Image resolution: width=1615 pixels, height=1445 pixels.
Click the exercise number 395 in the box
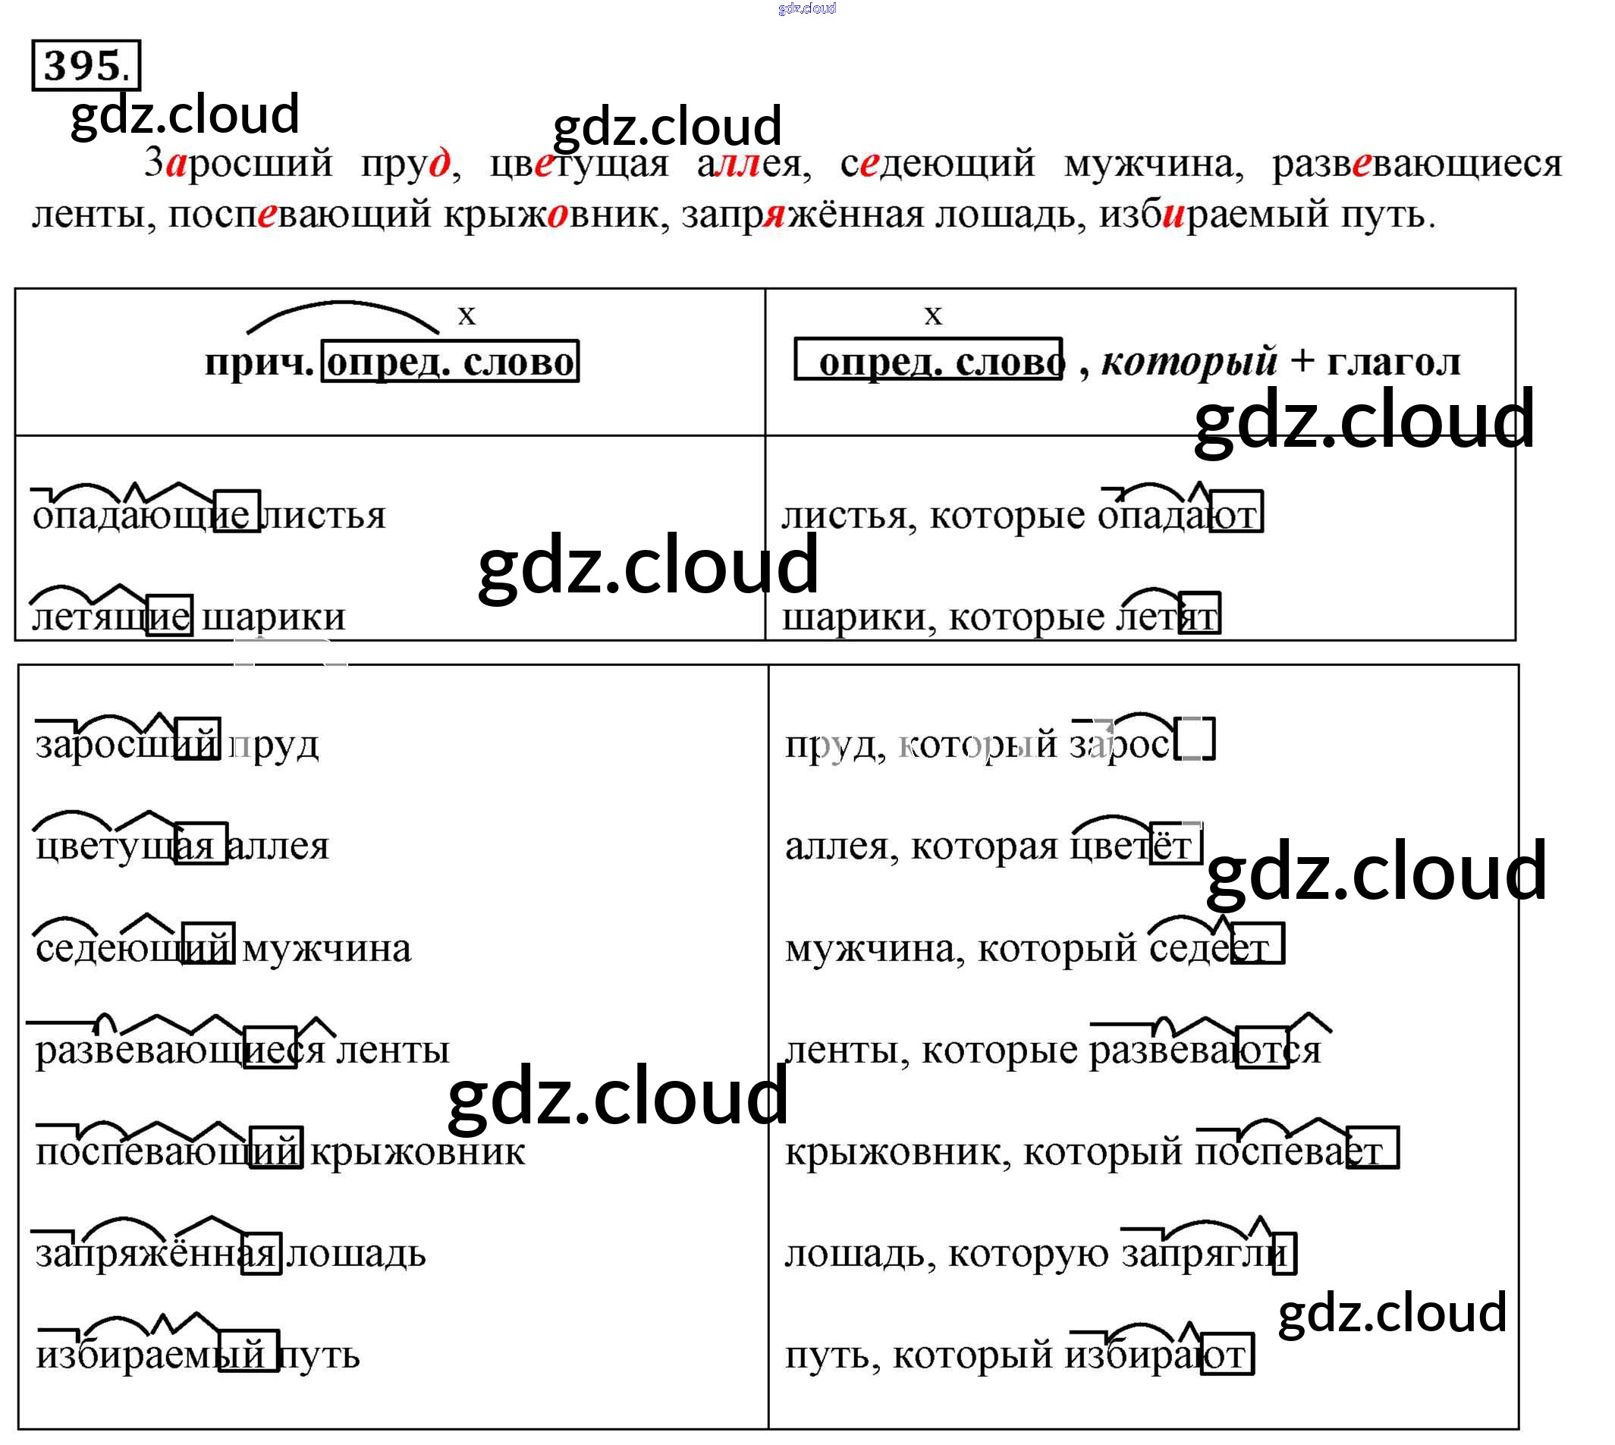pyautogui.click(x=85, y=65)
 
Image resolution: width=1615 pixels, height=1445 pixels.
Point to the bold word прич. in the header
pyautogui.click(x=259, y=362)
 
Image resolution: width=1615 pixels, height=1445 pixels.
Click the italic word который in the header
pyautogui.click(x=1189, y=362)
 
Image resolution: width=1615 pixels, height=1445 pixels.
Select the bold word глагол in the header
pyautogui.click(x=1393, y=362)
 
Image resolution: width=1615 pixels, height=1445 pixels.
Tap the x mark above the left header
pyautogui.click(x=466, y=316)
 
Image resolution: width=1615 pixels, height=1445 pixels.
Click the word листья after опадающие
pyautogui.click(x=322, y=516)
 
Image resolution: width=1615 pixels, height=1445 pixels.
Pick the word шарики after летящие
pyautogui.click(x=274, y=617)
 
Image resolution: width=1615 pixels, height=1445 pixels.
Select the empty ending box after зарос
pyautogui.click(x=1195, y=739)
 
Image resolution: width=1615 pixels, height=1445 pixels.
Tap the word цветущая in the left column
pyautogui.click(x=124, y=847)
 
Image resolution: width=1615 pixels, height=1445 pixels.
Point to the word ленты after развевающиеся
pyautogui.click(x=393, y=1051)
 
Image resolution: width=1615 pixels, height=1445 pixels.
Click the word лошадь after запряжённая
pyautogui.click(x=356, y=1254)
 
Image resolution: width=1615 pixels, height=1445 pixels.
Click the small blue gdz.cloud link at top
pyautogui.click(x=806, y=8)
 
